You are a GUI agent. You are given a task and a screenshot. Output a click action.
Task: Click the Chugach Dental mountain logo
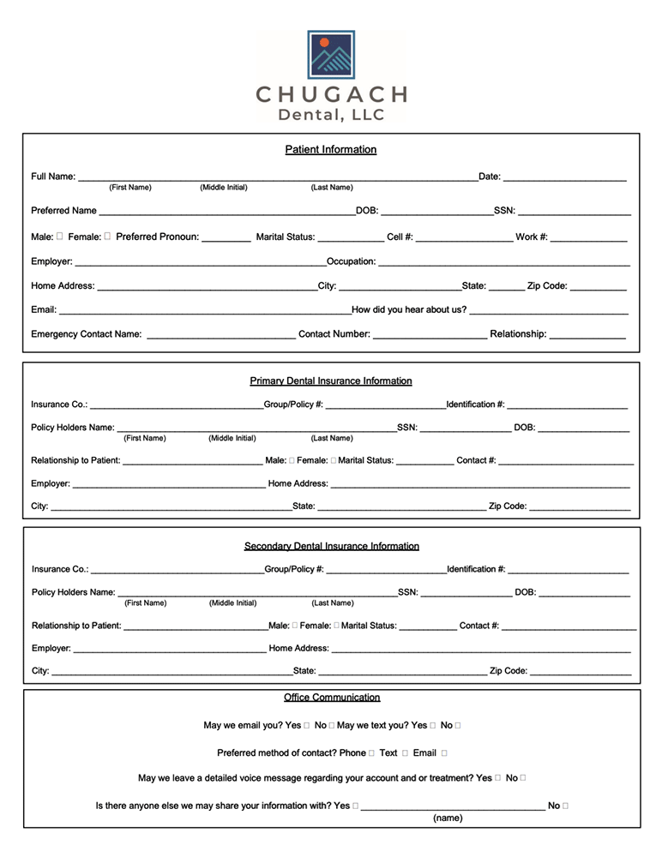tap(331, 54)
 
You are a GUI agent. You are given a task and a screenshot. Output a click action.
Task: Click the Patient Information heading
tap(331, 150)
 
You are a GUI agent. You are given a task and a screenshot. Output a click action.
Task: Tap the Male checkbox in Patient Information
tap(59, 237)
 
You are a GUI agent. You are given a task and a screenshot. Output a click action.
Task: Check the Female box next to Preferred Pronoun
tap(107, 237)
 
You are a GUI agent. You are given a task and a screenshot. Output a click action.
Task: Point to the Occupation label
tap(351, 261)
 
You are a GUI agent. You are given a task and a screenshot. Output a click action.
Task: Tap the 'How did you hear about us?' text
tap(409, 310)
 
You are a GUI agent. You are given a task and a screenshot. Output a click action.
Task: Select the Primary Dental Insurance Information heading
tap(331, 381)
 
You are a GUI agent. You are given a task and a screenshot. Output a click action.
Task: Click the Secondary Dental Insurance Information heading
tap(331, 546)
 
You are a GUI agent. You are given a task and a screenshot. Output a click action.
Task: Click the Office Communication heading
tap(332, 698)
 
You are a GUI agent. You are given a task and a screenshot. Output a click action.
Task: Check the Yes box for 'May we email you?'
tap(307, 726)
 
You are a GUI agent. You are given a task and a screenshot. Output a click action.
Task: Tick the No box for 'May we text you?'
tap(458, 726)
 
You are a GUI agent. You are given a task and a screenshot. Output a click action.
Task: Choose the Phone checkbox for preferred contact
tap(371, 753)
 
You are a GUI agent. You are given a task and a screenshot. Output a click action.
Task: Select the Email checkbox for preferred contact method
tap(444, 753)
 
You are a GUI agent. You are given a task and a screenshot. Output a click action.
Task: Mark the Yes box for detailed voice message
tap(498, 778)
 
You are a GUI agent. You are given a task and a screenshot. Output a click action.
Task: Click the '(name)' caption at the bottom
tap(448, 818)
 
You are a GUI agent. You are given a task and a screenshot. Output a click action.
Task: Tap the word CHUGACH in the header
tap(331, 94)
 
